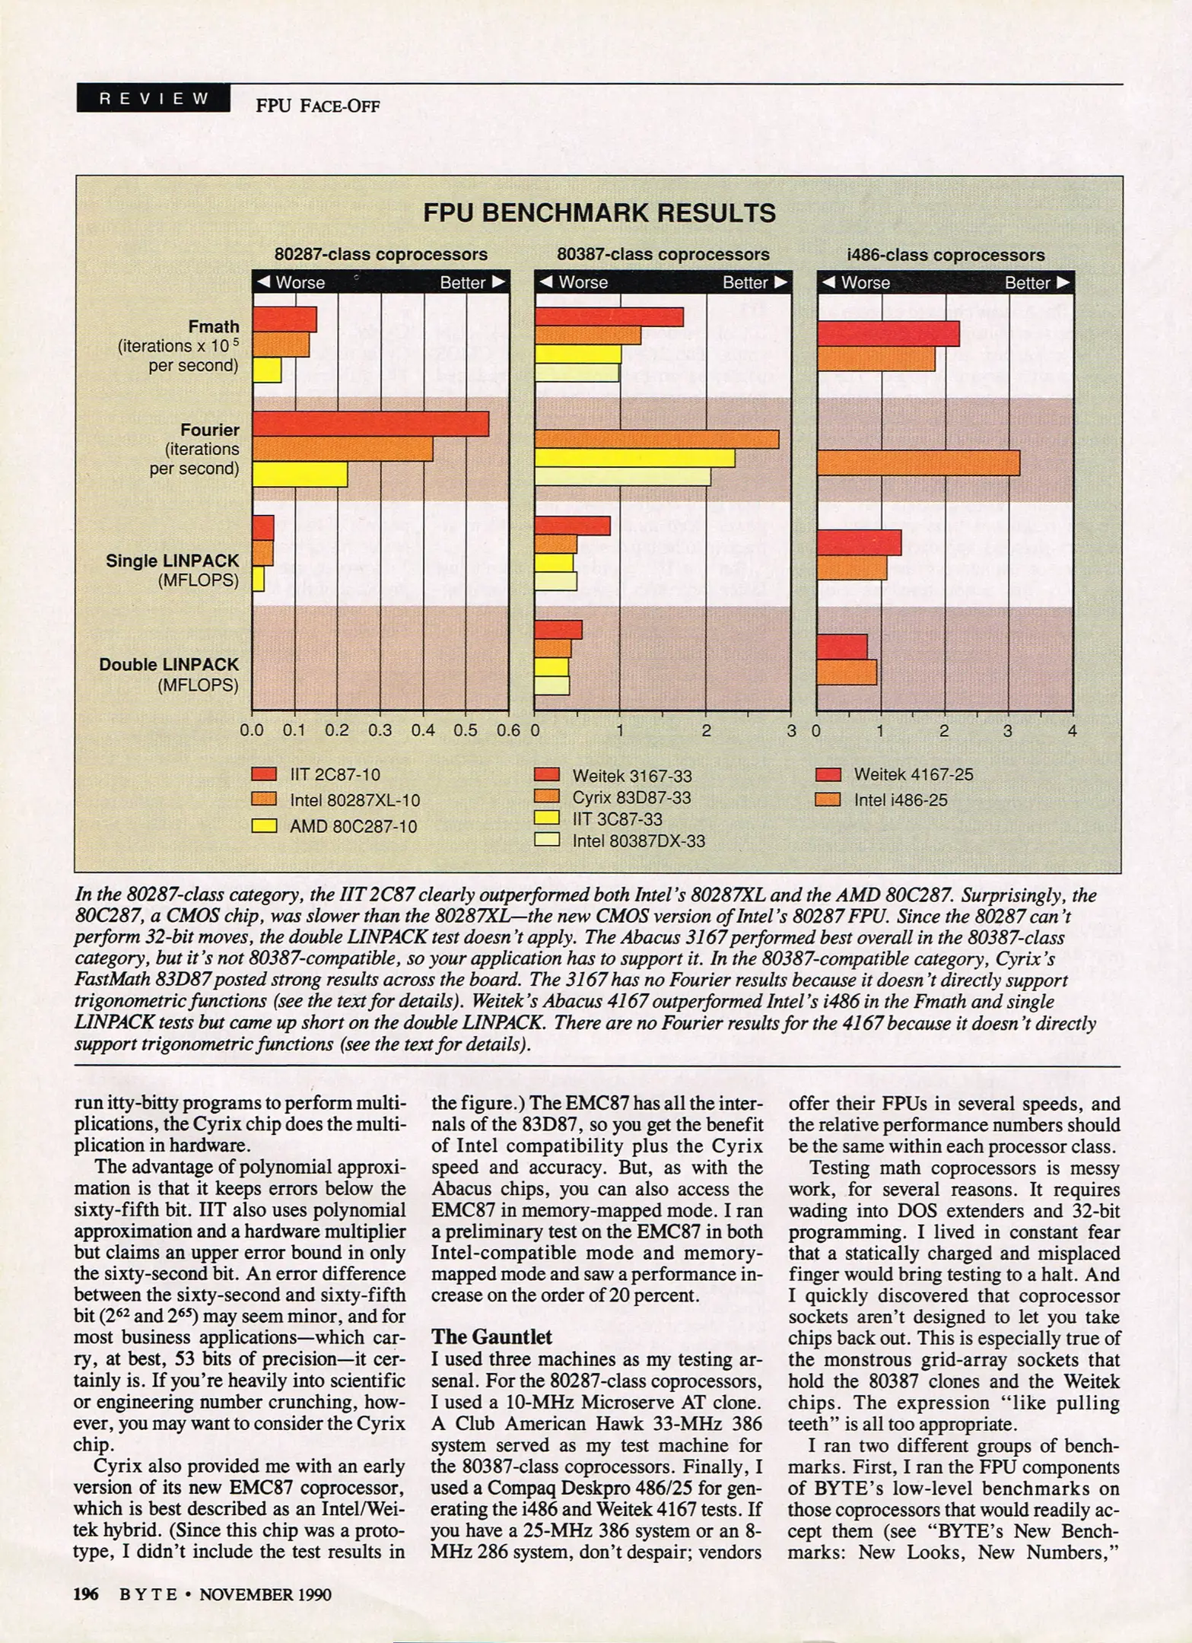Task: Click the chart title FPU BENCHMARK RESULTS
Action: (x=599, y=213)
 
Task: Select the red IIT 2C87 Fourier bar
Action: (x=370, y=424)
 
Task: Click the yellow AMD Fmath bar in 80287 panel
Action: (x=266, y=370)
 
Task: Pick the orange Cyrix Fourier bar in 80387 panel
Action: (x=656, y=440)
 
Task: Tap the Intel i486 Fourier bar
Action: (x=917, y=463)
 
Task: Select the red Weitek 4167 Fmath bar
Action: (x=888, y=334)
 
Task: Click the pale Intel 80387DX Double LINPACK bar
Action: (x=551, y=685)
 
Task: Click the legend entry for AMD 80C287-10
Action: (x=353, y=827)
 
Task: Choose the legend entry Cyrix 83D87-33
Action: (x=631, y=798)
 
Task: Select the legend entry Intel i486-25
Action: (x=900, y=800)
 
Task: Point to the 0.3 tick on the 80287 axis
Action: (x=380, y=731)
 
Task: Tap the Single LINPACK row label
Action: (x=173, y=561)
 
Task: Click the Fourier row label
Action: (x=210, y=431)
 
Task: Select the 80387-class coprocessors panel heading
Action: (x=663, y=255)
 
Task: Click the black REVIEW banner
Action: (x=153, y=98)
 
